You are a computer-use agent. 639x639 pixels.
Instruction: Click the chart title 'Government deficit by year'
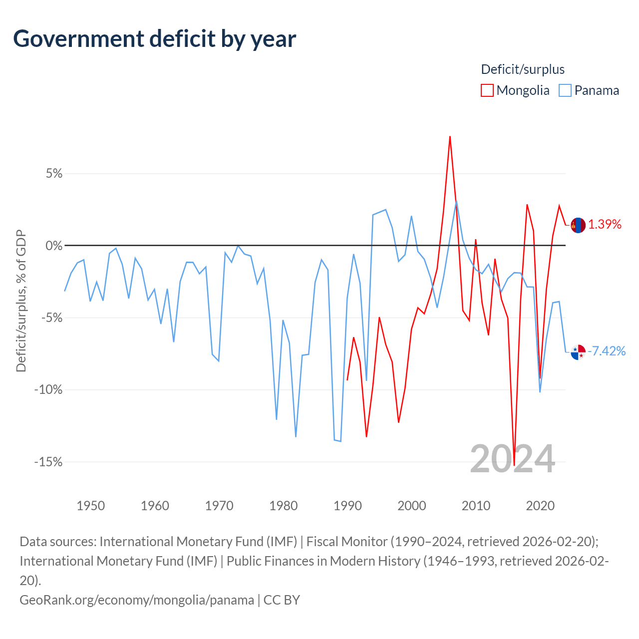[154, 39]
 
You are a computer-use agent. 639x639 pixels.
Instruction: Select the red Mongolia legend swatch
[487, 90]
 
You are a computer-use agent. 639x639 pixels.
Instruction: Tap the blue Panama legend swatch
[565, 90]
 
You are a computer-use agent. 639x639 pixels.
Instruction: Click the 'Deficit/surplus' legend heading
[523, 69]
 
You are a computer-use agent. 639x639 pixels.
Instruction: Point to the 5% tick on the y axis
[54, 173]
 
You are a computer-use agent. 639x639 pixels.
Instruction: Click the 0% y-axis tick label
[54, 246]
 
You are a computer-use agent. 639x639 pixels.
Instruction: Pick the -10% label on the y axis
[48, 389]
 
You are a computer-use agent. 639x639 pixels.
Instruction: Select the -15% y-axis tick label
[48, 462]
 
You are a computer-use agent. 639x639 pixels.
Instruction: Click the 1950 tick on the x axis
[90, 506]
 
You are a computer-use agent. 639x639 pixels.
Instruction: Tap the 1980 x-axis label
[283, 506]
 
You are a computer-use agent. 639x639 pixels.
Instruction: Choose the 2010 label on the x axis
[476, 506]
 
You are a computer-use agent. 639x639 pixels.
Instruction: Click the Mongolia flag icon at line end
[578, 225]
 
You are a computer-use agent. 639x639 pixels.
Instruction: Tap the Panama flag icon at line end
[578, 352]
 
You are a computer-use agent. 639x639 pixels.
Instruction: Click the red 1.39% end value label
[605, 225]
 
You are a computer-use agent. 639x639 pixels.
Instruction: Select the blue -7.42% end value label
[607, 351]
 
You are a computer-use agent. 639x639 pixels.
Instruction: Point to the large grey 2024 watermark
[512, 459]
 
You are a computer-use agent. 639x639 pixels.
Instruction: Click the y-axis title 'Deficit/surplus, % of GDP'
[21, 301]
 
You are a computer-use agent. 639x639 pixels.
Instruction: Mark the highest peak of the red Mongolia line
[450, 137]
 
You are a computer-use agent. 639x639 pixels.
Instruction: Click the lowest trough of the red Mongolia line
[514, 465]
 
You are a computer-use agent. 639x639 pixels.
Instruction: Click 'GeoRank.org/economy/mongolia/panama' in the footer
[137, 600]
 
